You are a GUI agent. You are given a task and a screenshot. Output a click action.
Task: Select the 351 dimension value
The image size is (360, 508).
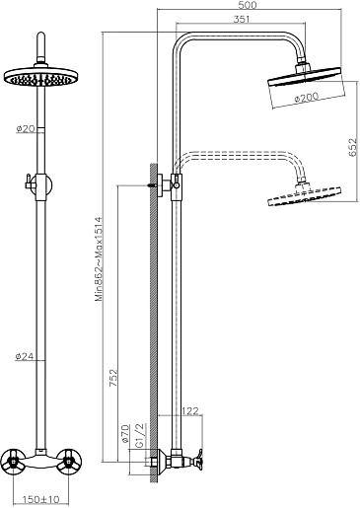point(242,19)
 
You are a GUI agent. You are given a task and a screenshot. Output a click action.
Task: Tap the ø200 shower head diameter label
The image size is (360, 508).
point(307,97)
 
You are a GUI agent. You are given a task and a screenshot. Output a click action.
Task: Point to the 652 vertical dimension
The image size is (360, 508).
point(352,147)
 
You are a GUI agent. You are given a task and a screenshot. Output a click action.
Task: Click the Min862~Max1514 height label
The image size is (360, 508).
point(100,258)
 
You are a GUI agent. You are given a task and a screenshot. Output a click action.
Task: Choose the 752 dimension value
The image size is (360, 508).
point(113,378)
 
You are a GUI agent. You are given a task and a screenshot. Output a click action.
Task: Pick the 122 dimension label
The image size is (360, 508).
point(190,410)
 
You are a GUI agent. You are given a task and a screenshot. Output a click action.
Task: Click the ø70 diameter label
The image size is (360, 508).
point(125,433)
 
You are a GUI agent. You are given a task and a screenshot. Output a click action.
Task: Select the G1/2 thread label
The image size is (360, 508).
point(139,435)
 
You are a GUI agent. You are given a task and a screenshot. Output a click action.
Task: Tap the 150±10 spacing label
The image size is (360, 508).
point(41,499)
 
